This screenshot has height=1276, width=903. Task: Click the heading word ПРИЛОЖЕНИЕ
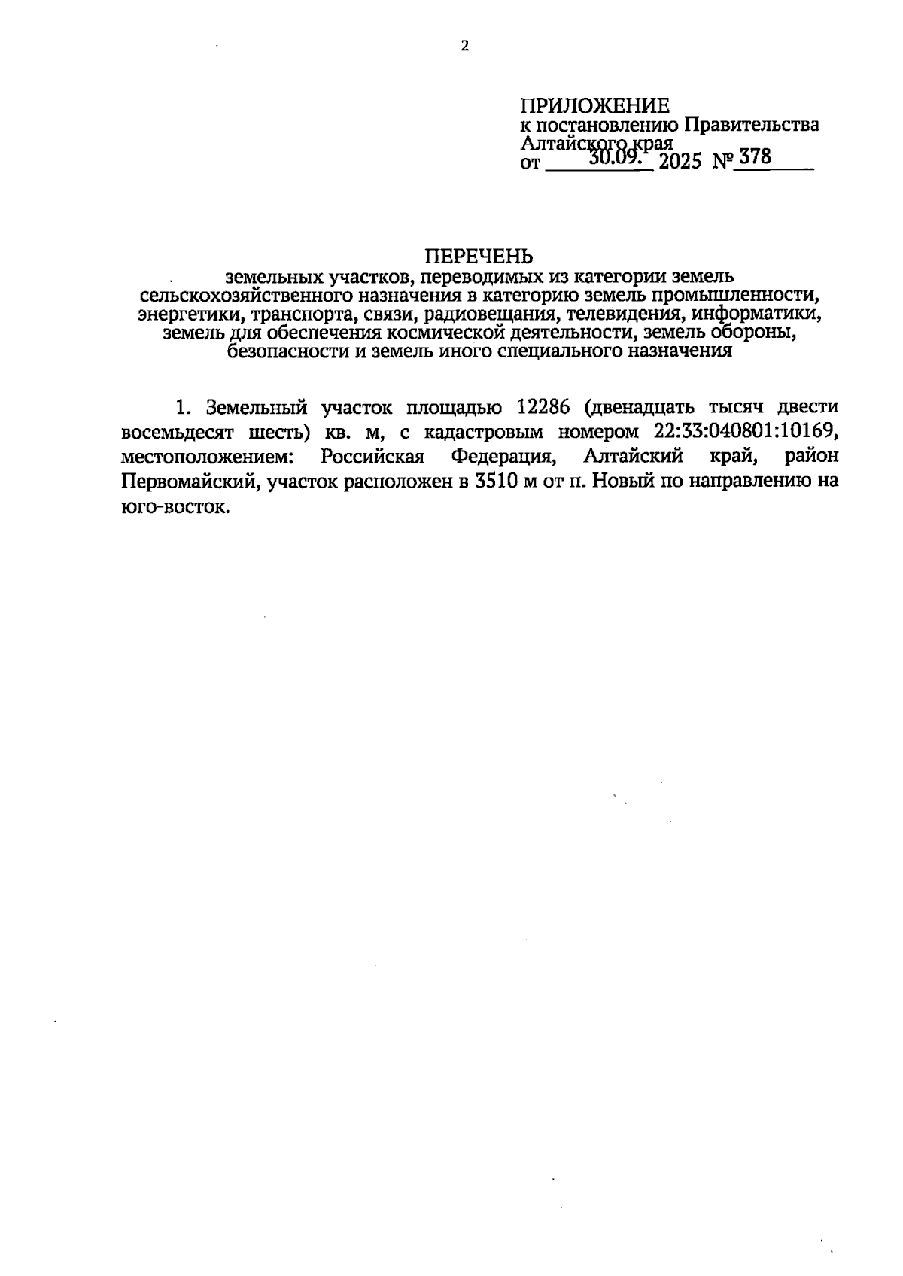(x=594, y=105)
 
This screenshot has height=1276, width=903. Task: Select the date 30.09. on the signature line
(x=613, y=158)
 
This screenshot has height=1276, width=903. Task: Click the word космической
(x=439, y=332)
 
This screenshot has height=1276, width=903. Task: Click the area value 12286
(x=542, y=407)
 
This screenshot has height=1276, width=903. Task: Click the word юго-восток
(x=173, y=508)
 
